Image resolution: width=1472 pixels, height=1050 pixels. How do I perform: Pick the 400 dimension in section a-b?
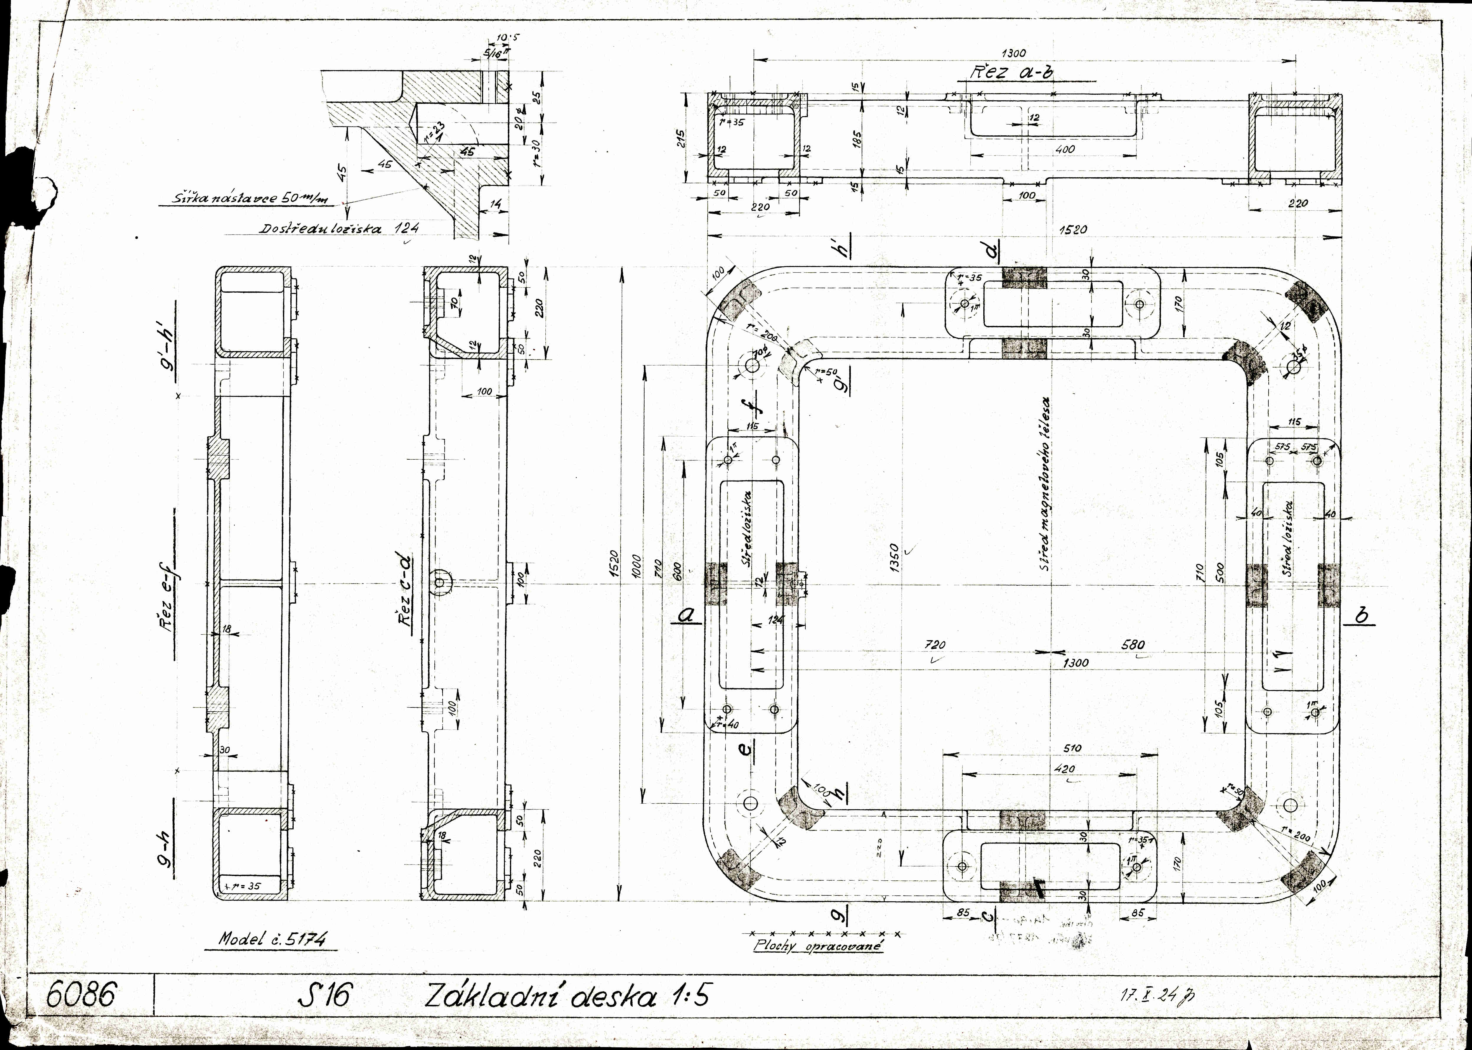tap(1064, 149)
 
